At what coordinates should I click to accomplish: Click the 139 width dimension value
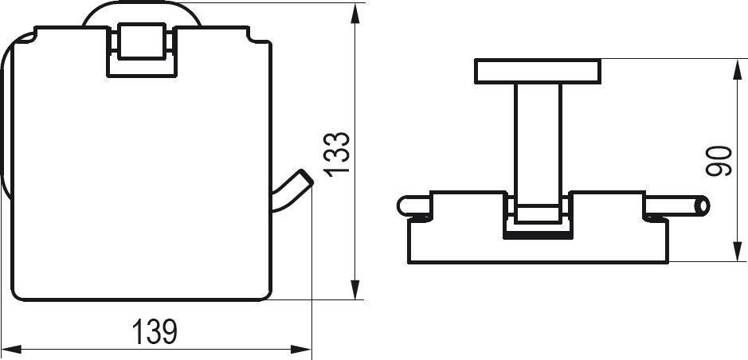coord(155,331)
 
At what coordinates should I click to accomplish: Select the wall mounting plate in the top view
coord(538,71)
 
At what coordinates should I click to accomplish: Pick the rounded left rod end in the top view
coord(403,207)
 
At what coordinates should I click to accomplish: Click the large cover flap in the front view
coord(139,175)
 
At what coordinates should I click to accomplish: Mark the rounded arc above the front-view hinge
coord(140,10)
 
